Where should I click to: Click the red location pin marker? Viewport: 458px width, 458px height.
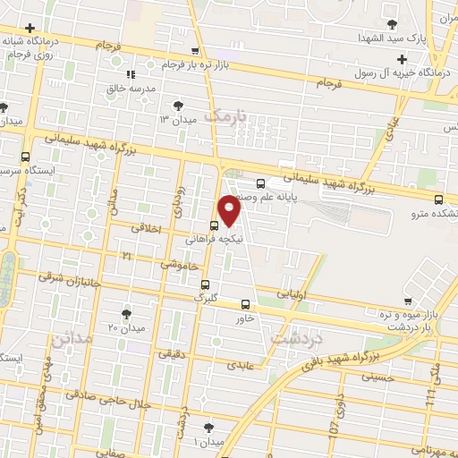click(231, 211)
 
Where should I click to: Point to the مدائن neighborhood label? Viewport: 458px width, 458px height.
click(71, 341)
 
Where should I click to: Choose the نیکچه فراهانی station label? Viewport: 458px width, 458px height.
click(211, 240)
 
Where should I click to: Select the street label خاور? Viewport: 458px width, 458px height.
click(246, 318)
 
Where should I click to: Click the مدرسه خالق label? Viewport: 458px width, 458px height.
click(132, 89)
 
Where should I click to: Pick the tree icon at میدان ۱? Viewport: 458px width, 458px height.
click(208, 428)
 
